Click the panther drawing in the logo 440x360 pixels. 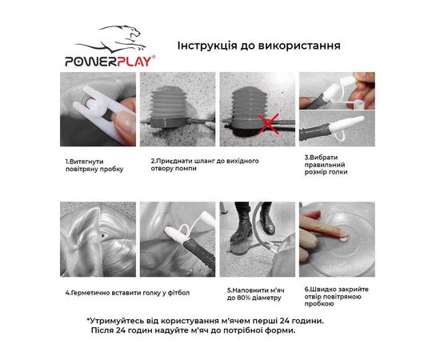tap(112, 38)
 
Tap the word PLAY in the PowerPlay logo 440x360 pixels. tap(134, 62)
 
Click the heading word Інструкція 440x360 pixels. tap(207, 46)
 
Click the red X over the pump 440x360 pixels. tap(269, 124)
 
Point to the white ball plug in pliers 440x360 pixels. tap(98, 106)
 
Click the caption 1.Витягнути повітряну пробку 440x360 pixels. tap(94, 166)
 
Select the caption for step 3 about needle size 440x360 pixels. tap(326, 165)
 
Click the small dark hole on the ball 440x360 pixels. tap(102, 236)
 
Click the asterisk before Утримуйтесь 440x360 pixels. tap(88, 319)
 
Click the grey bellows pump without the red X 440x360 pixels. tap(170, 106)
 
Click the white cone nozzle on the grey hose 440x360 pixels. tap(347, 124)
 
